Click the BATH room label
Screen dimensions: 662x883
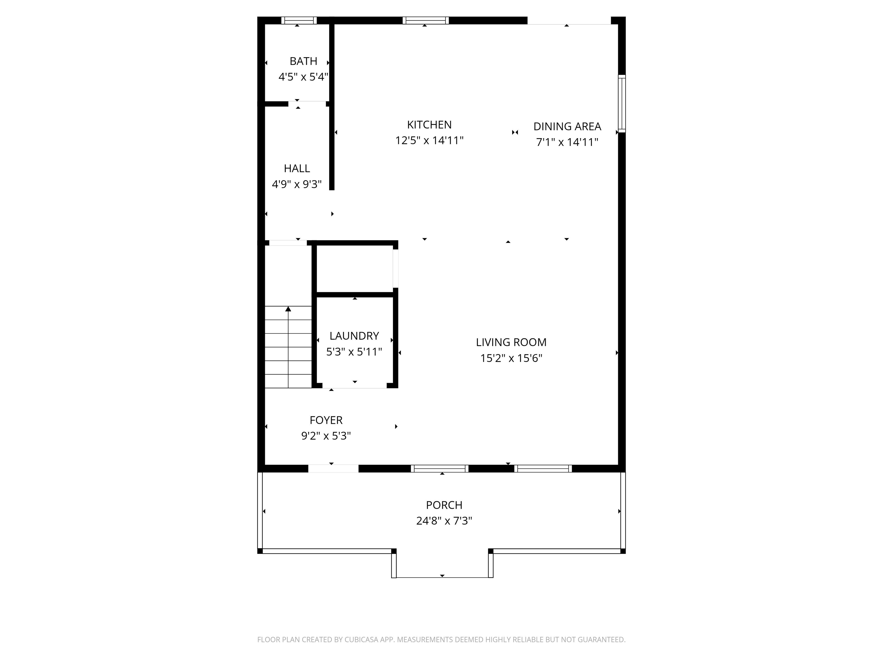pos(303,61)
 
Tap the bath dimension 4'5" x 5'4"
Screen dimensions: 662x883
pos(303,77)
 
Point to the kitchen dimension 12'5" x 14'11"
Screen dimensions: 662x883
pos(429,141)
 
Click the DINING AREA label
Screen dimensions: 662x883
pos(567,126)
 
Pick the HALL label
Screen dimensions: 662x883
pos(297,168)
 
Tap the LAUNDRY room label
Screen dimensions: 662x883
pos(354,336)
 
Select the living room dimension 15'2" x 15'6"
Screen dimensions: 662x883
pos(511,358)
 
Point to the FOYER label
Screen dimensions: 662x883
pos(326,420)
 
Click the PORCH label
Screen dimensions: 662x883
pos(444,505)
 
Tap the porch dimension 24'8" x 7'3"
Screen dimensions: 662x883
pos(444,521)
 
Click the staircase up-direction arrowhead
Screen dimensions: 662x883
pos(288,309)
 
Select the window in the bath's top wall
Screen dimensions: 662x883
pos(299,20)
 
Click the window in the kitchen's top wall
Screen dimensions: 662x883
pos(425,20)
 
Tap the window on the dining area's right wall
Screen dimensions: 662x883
pos(621,103)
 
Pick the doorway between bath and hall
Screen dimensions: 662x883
pos(307,104)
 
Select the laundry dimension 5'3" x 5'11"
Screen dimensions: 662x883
pos(354,352)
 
